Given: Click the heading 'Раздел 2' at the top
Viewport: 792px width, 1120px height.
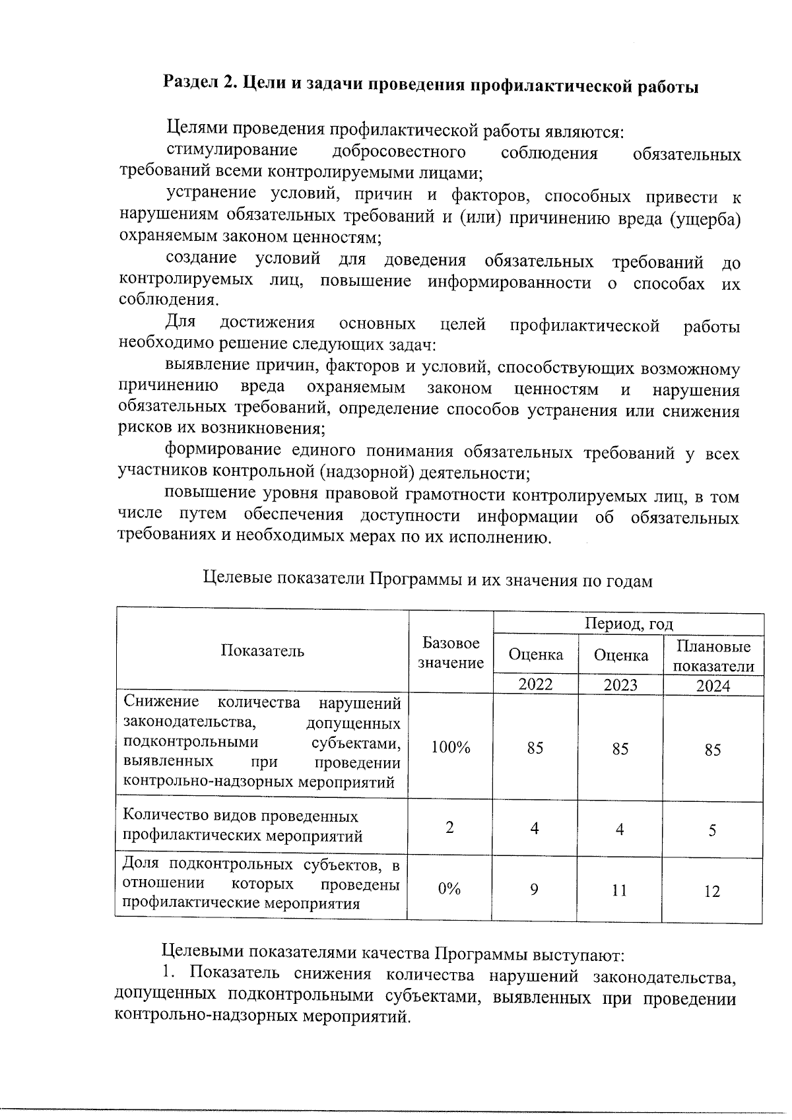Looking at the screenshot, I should tap(430, 85).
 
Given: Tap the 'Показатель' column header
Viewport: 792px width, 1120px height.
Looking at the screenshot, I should tap(262, 651).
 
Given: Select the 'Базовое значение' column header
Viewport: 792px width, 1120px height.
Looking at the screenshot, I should tap(451, 653).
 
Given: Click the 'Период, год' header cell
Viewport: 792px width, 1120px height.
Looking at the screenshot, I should tap(628, 624).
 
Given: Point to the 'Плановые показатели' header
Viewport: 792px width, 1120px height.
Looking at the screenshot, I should tap(713, 655).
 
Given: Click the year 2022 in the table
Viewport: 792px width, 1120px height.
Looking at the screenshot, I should tap(535, 684).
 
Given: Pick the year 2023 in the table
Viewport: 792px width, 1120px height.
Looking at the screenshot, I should tap(620, 684).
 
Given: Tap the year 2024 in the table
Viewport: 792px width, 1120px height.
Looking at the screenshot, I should tap(713, 686).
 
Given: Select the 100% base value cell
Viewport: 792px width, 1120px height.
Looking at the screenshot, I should tap(450, 747).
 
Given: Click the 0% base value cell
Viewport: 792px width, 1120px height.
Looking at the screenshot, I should tap(449, 889).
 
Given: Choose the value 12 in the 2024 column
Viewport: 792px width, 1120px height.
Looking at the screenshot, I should tap(711, 892).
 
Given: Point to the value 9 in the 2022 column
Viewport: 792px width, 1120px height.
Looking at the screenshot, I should tap(534, 890).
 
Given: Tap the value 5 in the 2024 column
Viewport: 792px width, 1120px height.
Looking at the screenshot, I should tap(712, 830).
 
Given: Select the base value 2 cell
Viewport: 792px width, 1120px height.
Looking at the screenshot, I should tap(449, 828).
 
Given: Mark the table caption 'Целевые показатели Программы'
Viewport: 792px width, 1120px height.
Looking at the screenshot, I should tap(427, 580).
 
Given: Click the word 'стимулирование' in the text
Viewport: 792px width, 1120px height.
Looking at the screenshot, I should tap(231, 152).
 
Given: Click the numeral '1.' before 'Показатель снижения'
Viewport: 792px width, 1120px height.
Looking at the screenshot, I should tap(170, 973).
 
